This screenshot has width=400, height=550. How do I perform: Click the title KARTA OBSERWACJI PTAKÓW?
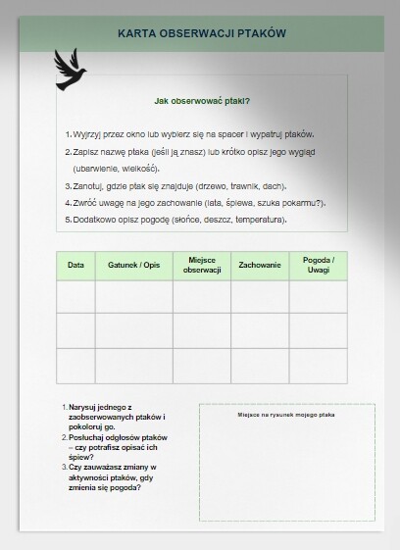(x=200, y=33)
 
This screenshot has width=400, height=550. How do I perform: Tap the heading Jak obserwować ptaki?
(x=202, y=100)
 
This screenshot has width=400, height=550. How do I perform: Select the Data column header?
(x=75, y=265)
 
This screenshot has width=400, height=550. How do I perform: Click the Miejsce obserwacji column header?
(x=201, y=265)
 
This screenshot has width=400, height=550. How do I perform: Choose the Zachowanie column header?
(x=259, y=265)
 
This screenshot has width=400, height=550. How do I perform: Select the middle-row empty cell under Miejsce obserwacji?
(x=201, y=330)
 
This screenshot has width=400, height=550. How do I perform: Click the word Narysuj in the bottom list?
(x=86, y=406)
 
